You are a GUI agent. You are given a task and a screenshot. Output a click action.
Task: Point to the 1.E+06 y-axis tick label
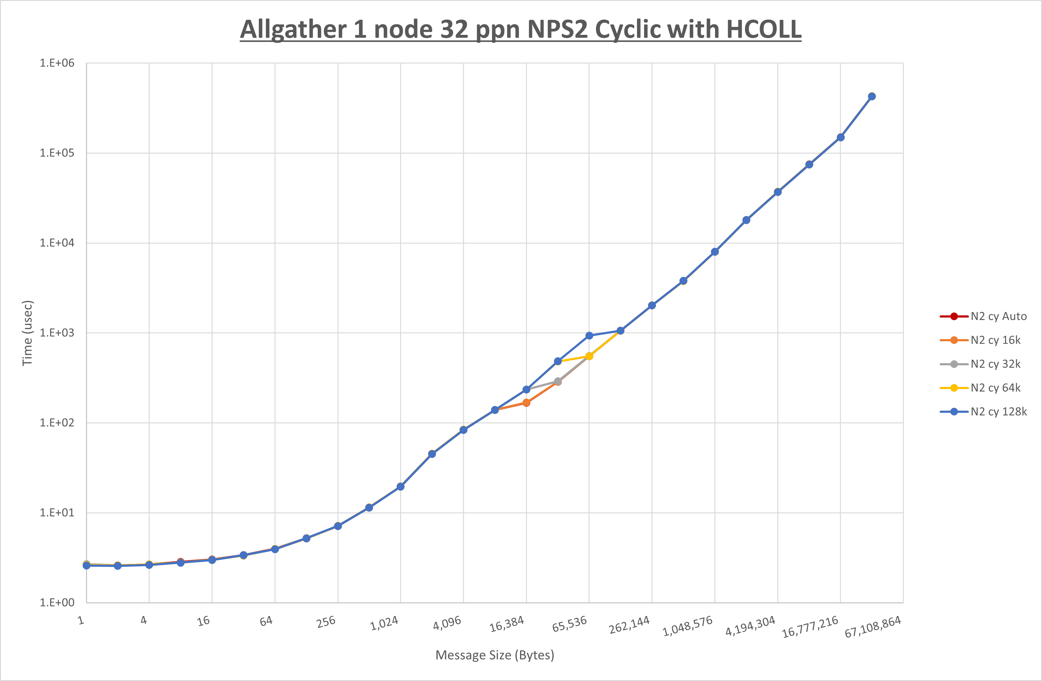(x=57, y=63)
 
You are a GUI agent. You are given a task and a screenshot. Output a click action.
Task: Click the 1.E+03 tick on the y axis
(x=57, y=333)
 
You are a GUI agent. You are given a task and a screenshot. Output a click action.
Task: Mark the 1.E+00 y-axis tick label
(x=57, y=603)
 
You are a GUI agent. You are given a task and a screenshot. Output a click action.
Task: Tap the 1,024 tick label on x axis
(x=384, y=623)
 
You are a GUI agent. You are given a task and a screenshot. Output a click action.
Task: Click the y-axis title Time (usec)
(x=27, y=333)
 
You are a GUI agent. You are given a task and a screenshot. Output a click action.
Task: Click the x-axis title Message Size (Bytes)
(x=495, y=655)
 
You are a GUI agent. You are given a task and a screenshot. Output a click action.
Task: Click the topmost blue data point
(x=872, y=96)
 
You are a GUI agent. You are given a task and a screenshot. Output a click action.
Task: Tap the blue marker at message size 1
(x=87, y=565)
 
